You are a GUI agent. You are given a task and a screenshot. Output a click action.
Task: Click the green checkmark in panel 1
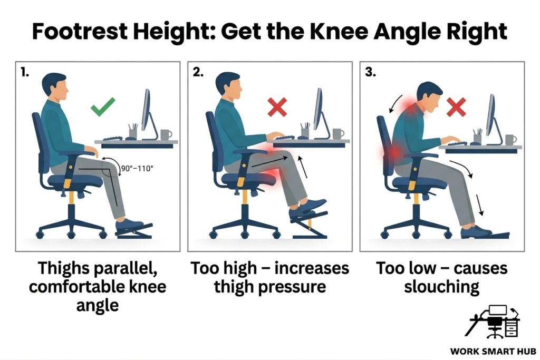[103, 109]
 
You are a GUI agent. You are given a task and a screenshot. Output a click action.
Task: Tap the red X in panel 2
[277, 108]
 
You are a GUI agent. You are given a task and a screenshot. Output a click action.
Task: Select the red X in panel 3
[456, 108]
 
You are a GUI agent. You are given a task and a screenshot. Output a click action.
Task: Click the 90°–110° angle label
[137, 169]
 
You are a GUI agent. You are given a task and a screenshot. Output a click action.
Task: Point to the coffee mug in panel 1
[166, 134]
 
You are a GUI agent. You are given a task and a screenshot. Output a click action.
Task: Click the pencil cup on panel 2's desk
[305, 132]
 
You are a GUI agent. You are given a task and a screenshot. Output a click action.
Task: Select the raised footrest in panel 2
[308, 222]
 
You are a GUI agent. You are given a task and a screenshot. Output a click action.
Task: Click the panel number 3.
[371, 73]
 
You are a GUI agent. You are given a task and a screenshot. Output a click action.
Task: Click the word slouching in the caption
[442, 287]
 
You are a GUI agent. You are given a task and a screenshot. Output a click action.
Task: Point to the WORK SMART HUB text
[493, 351]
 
